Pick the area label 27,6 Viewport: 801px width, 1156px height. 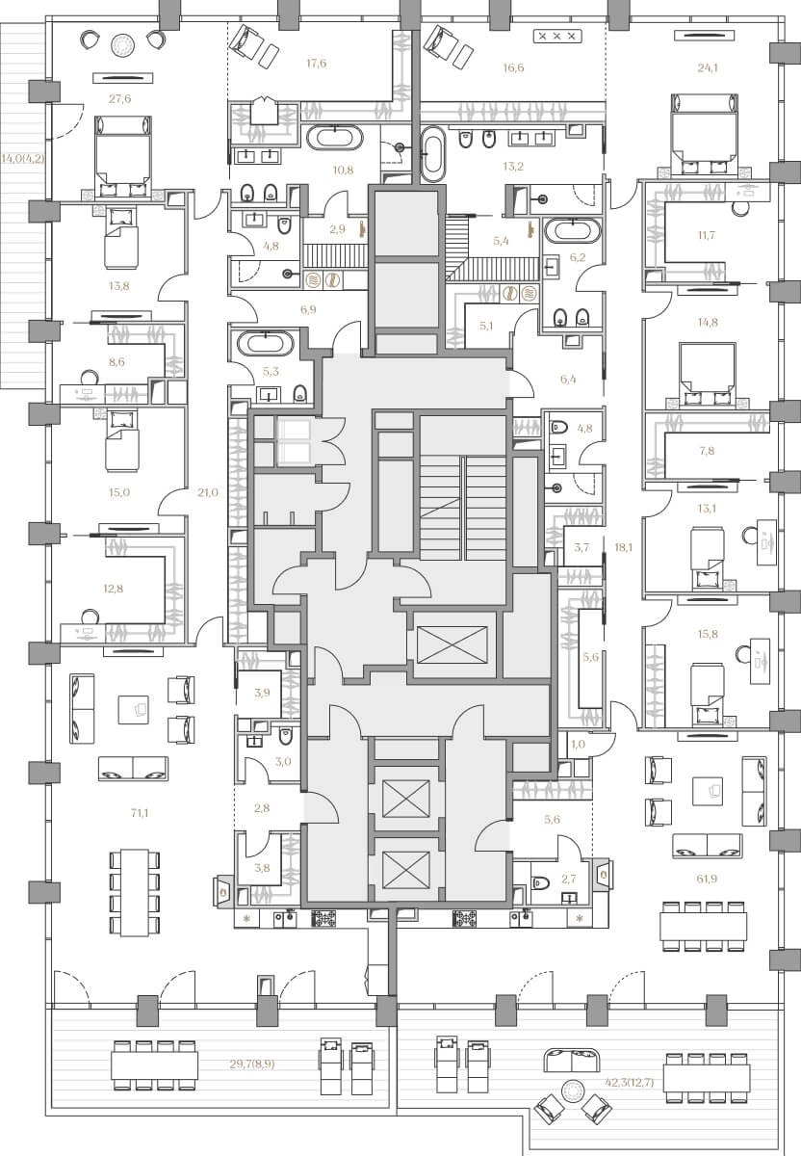[119, 98]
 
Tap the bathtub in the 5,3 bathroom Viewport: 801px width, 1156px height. [266, 343]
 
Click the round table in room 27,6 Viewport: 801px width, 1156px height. [123, 45]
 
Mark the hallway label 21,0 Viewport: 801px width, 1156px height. [207, 492]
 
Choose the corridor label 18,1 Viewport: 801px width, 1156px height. [624, 547]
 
